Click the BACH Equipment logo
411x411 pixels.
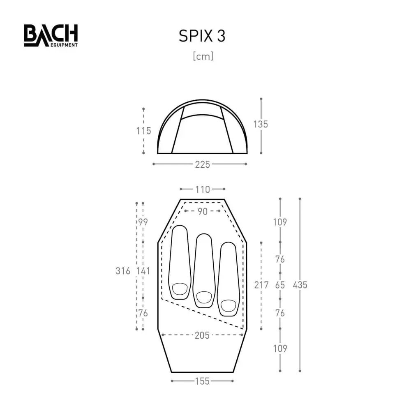click(51, 36)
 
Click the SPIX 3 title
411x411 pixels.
click(202, 36)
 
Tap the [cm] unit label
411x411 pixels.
click(203, 56)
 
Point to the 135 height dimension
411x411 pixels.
click(261, 124)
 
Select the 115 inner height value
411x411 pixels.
click(143, 131)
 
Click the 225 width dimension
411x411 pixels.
click(202, 165)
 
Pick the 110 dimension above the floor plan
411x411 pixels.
click(203, 189)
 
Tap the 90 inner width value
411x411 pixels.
click(203, 212)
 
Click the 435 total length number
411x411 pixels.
click(300, 285)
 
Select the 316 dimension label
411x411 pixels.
click(123, 271)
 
